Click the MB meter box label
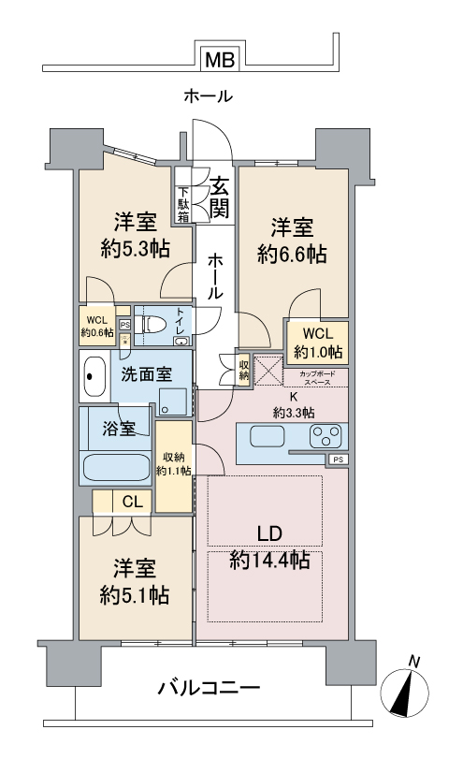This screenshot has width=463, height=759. (x=221, y=60)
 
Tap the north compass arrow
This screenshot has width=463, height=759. (x=412, y=688)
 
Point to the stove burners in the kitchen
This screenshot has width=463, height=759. (x=326, y=436)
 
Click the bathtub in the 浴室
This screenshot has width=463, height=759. (x=116, y=465)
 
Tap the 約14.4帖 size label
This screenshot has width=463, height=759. (x=270, y=561)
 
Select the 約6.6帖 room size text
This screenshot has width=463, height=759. (x=293, y=254)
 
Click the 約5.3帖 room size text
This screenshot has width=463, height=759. (x=135, y=249)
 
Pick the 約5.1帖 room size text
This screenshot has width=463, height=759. (x=135, y=594)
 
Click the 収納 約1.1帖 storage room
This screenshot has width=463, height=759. (x=174, y=465)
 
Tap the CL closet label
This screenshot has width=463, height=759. (x=132, y=502)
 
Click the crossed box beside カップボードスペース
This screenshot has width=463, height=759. (x=269, y=372)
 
